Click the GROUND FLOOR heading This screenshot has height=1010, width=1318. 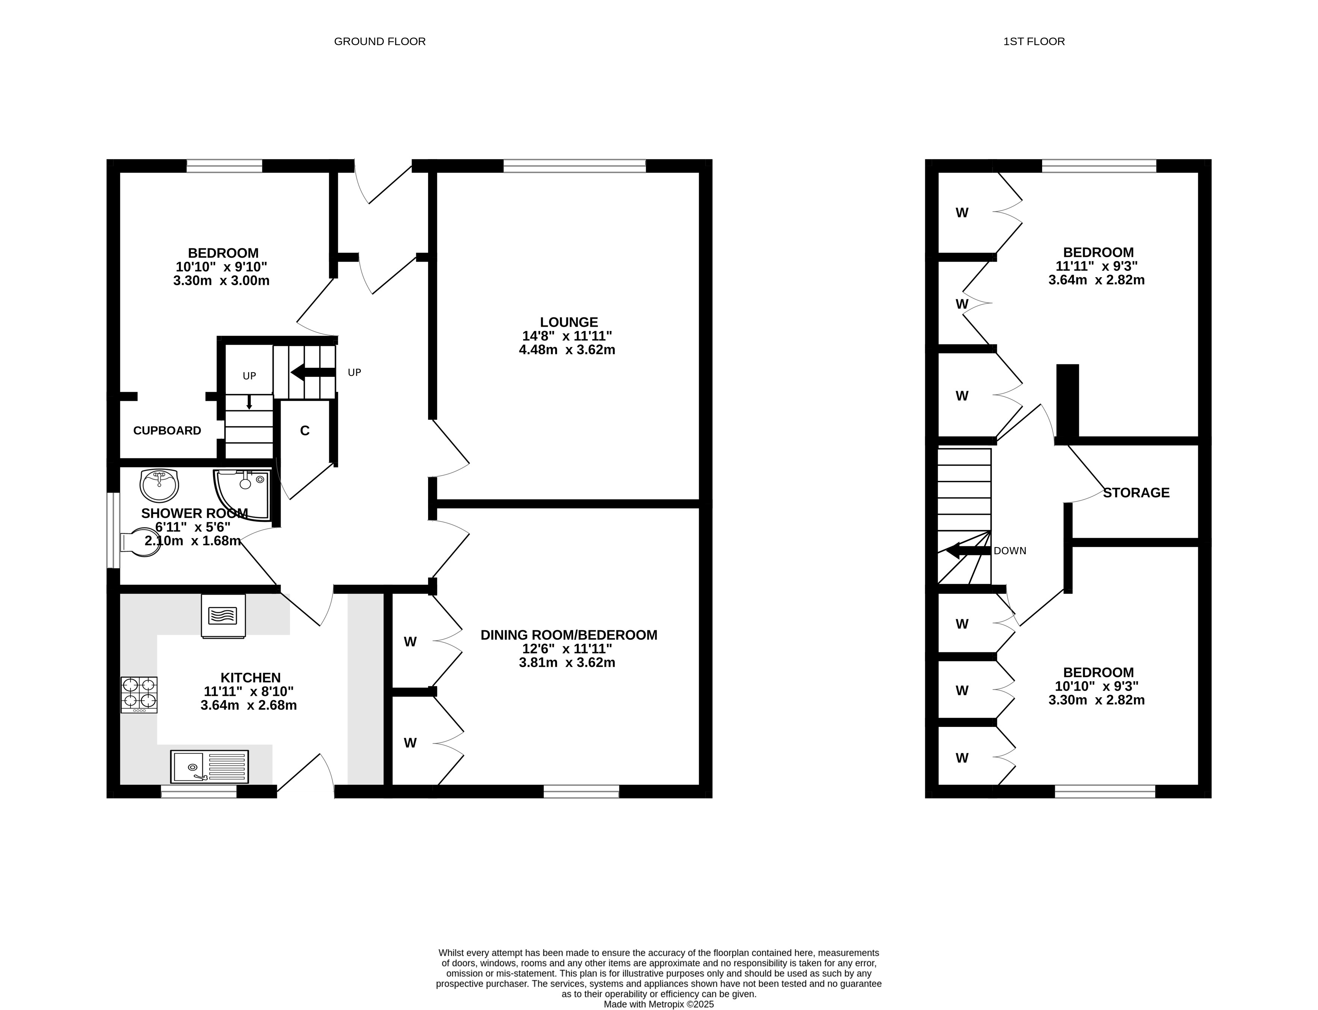click(380, 41)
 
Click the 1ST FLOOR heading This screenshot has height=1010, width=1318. click(1034, 41)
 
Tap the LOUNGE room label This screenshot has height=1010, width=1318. click(569, 322)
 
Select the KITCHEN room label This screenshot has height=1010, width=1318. click(251, 678)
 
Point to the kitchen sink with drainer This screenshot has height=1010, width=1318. click(209, 766)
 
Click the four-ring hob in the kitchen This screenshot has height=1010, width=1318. click(139, 695)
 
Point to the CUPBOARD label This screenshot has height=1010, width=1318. click(167, 431)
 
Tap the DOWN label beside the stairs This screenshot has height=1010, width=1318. click(1010, 551)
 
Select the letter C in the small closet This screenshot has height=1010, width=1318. click(304, 431)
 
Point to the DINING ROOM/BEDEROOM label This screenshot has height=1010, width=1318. click(569, 635)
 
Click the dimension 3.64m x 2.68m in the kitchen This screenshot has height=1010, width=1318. click(249, 705)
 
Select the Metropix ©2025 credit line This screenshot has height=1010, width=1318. click(659, 1004)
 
